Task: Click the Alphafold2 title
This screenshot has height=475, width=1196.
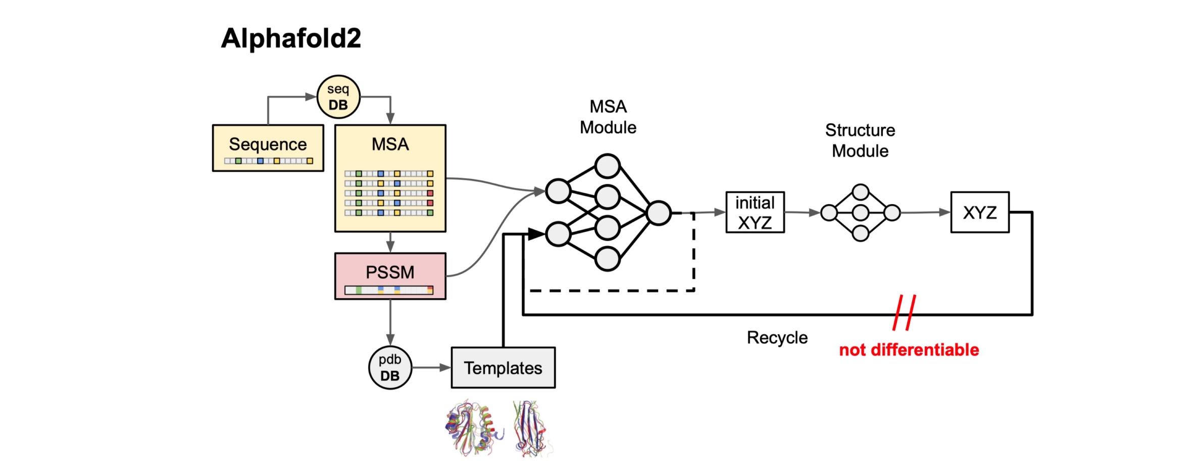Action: tap(291, 38)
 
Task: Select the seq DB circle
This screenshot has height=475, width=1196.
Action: tap(338, 97)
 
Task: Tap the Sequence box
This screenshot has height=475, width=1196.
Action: tap(268, 148)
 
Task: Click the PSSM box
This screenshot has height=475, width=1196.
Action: tap(390, 276)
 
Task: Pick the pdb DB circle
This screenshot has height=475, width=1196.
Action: tap(390, 367)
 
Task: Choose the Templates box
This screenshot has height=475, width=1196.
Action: tap(503, 367)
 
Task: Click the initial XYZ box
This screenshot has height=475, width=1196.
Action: tap(755, 212)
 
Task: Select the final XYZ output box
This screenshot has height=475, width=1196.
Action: tap(979, 212)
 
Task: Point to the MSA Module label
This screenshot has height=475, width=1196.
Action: tap(608, 117)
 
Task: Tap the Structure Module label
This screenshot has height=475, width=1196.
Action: tap(860, 140)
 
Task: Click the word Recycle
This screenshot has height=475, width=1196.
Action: tap(777, 338)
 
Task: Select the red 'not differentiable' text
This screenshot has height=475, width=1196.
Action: tap(909, 350)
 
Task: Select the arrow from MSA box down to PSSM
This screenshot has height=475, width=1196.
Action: tap(390, 243)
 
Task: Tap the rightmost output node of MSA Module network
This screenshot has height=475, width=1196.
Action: tap(659, 213)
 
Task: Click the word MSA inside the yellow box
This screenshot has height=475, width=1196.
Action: tap(390, 145)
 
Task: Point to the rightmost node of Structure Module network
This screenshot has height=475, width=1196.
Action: tap(892, 213)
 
